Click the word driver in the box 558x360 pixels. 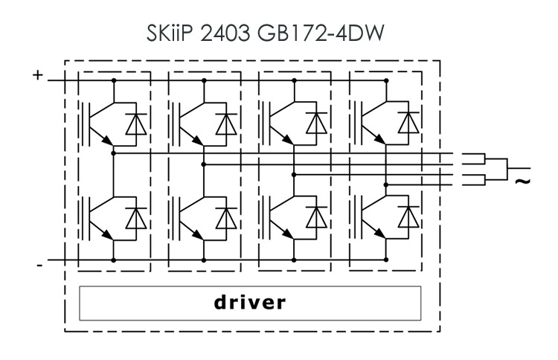(249, 303)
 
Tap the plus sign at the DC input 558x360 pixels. (37, 75)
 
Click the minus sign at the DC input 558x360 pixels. (38, 263)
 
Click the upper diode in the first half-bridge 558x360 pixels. (135, 123)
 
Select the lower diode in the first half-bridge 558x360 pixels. (135, 217)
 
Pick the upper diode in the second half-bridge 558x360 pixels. (225, 123)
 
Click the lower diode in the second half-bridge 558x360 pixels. (225, 217)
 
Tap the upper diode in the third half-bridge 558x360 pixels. (316, 123)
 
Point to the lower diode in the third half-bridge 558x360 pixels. (316, 217)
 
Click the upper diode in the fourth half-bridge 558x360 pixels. (407, 123)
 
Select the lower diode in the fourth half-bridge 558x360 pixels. (407, 217)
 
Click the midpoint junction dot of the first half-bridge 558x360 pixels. (113, 153)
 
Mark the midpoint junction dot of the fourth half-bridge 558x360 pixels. (386, 184)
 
